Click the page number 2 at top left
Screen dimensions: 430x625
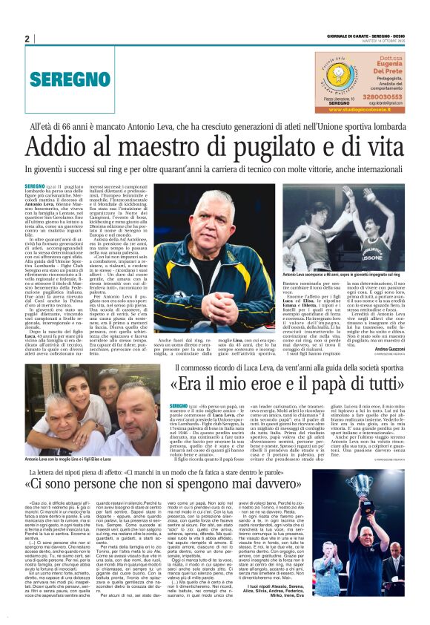pos(27,39)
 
